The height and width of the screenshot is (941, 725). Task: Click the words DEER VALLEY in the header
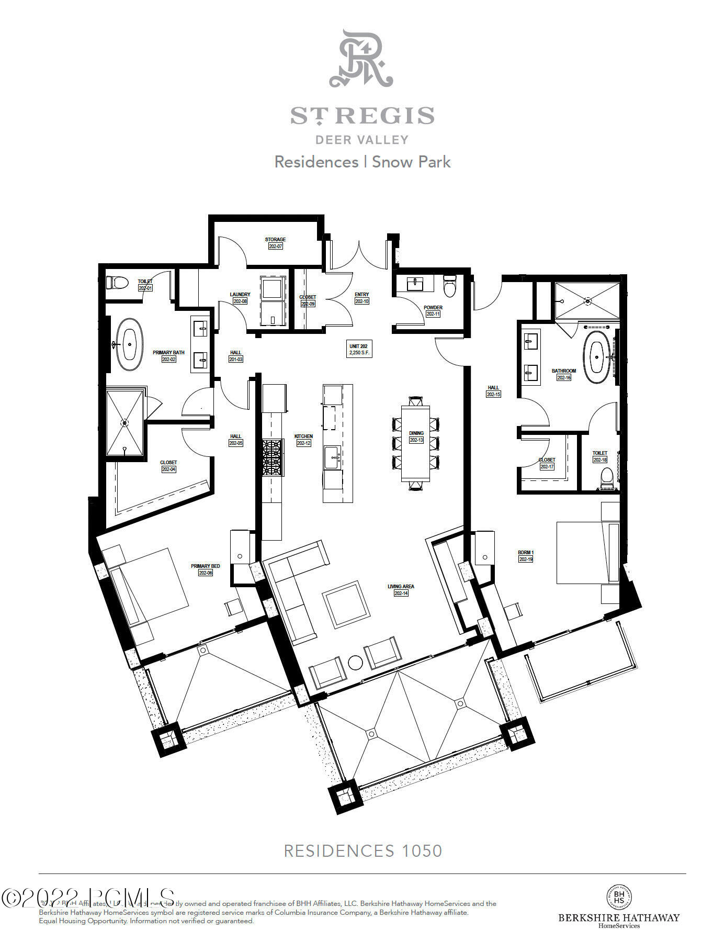tap(361, 140)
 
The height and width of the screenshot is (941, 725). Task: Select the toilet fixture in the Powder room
tap(449, 286)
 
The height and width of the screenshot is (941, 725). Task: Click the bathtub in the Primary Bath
tap(129, 344)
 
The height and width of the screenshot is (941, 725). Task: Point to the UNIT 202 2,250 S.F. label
tap(358, 350)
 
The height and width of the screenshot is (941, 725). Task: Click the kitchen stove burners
tap(272, 457)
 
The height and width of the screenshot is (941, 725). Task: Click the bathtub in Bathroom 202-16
tap(597, 356)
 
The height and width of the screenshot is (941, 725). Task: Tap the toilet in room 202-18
tap(607, 478)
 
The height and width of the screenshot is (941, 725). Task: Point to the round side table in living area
tap(356, 663)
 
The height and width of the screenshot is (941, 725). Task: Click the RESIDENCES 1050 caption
tap(362, 850)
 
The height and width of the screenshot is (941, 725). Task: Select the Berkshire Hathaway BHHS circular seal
tap(619, 897)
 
